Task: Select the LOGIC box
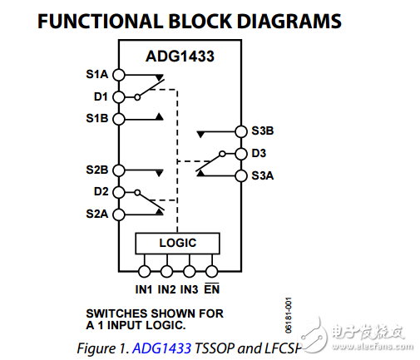point(177,243)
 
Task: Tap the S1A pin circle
point(118,74)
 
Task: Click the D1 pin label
point(100,96)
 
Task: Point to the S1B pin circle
point(118,119)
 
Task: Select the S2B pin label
point(97,170)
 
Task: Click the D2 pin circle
point(118,192)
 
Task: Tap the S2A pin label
point(97,215)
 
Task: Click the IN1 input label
point(144,288)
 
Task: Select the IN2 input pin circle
point(166,271)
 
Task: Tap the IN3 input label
point(189,288)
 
